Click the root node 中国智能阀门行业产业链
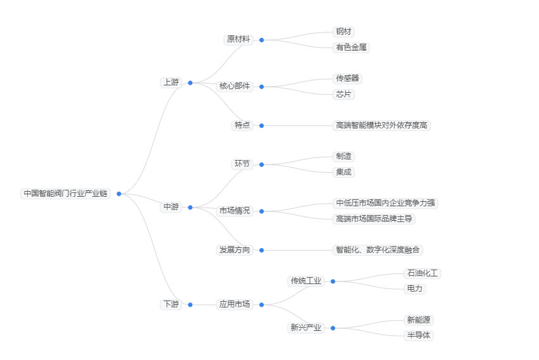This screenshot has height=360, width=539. (65, 194)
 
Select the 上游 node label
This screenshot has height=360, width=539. (171, 82)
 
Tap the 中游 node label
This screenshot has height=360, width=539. (171, 207)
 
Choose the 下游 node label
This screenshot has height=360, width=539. (171, 304)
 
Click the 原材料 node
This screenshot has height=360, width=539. (238, 39)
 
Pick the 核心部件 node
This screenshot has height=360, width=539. (234, 86)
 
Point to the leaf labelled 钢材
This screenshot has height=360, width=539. (344, 32)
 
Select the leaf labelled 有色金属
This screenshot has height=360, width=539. (351, 47)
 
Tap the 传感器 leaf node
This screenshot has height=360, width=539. (348, 78)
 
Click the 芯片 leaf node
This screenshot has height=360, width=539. (344, 94)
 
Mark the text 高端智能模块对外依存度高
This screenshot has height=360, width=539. (382, 125)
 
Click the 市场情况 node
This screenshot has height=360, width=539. (234, 211)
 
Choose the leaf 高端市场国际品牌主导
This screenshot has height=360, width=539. (375, 219)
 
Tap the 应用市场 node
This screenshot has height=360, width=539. (234, 304)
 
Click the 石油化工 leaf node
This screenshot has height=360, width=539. (423, 273)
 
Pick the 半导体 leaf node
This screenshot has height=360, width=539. (419, 335)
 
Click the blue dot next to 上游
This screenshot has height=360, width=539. (190, 82)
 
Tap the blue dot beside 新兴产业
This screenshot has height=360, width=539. (333, 328)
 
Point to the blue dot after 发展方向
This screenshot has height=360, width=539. (261, 250)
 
